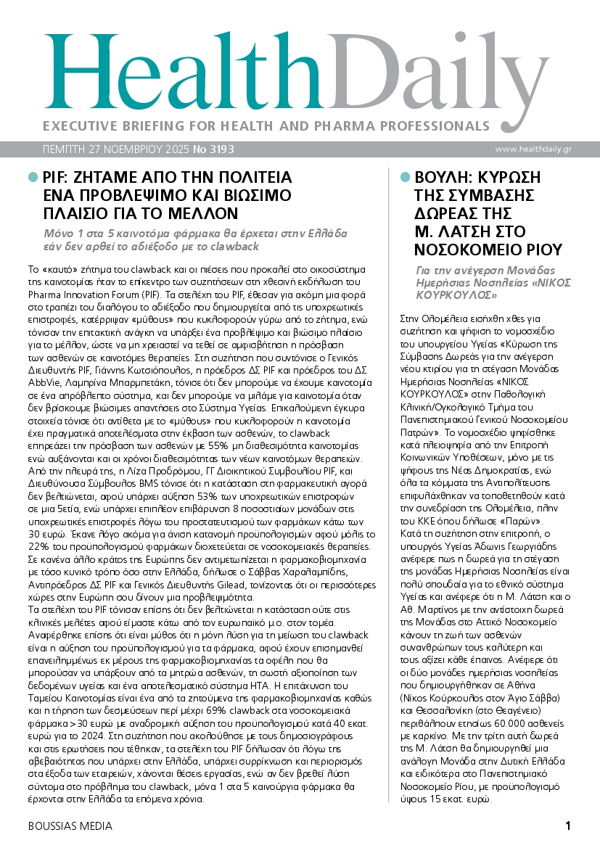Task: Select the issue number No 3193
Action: pos(213,149)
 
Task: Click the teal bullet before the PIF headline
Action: pos(32,177)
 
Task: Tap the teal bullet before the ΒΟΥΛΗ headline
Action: pos(405,177)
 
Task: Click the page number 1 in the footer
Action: pos(568,826)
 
